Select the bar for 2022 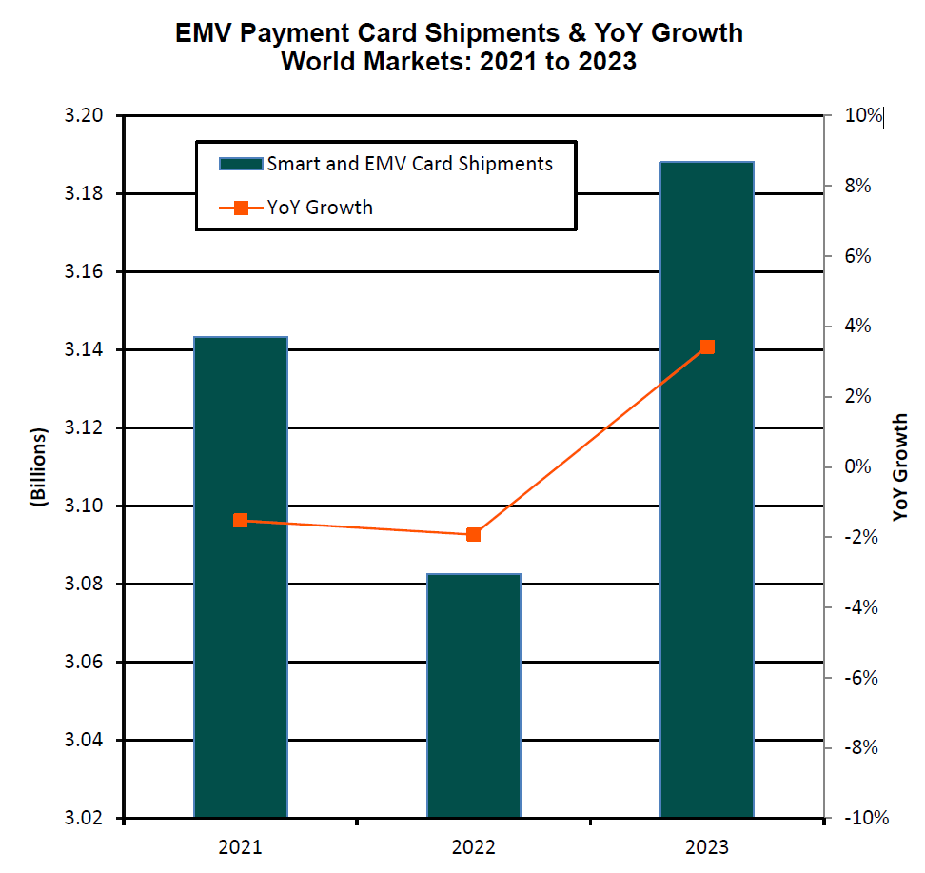point(474,695)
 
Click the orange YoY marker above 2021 point(241,521)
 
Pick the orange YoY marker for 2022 point(474,535)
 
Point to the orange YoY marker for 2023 point(707,347)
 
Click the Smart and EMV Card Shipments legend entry point(385,164)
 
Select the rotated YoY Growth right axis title point(900,466)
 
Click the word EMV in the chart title point(203,33)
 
